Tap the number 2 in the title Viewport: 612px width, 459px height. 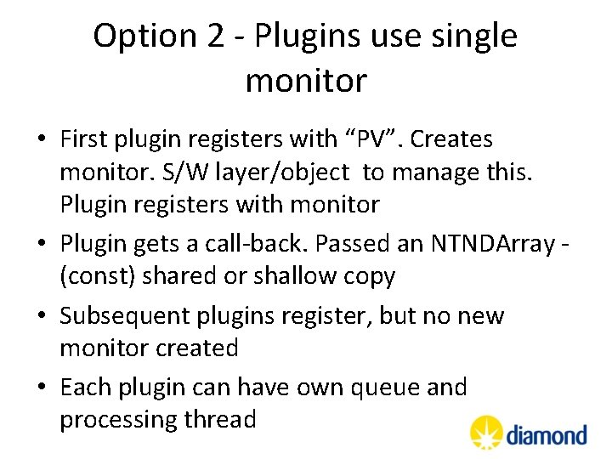coord(214,37)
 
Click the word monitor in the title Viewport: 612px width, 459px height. coord(306,81)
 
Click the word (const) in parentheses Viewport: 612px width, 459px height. coord(96,278)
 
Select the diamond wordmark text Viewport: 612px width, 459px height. coord(547,434)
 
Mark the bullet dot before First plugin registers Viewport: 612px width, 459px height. coord(41,139)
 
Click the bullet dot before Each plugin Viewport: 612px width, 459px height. coord(41,387)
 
